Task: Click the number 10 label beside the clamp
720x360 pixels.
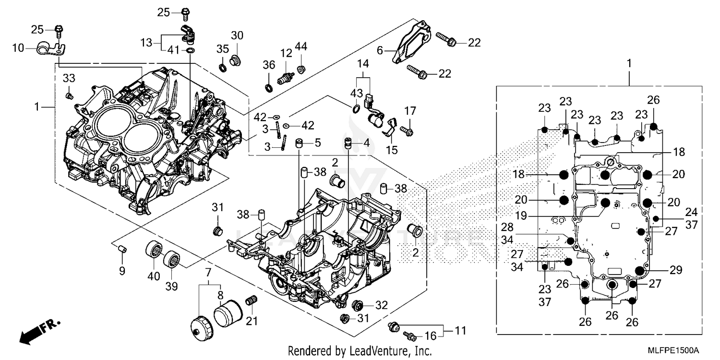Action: click(18, 48)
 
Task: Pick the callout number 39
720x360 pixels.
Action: click(172, 287)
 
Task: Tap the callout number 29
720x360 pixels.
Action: click(676, 270)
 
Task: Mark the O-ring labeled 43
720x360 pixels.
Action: click(355, 109)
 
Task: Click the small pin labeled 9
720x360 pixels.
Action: click(122, 249)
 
